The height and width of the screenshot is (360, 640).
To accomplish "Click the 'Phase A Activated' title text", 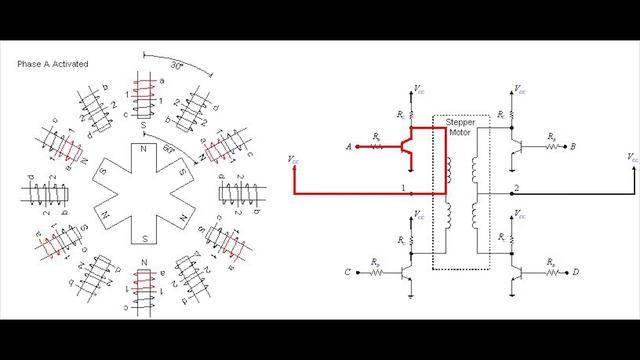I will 53,64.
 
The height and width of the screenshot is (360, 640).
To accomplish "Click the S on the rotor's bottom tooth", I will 147,238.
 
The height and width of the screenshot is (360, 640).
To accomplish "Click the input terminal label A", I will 347,146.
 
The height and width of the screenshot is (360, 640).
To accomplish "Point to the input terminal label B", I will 571,146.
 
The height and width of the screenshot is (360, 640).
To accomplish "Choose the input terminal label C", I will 347,271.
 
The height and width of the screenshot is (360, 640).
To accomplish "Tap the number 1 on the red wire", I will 402,188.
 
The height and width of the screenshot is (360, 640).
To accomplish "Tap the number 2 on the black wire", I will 514,188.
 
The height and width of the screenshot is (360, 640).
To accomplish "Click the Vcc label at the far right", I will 632,157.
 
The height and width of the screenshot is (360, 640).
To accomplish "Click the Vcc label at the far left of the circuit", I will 291,157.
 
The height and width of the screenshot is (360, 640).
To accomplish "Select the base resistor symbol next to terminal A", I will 375,146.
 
